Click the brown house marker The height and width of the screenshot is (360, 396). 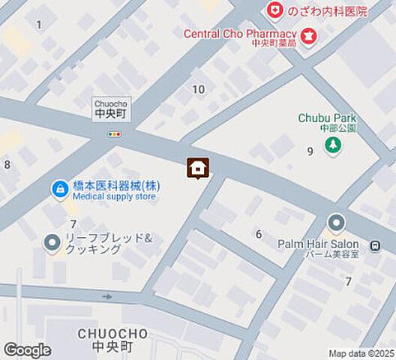[198, 167]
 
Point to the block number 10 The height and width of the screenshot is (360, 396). [198, 89]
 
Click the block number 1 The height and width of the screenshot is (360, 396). [39, 25]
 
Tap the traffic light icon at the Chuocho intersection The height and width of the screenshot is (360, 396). [114, 134]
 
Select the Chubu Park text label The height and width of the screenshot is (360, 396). [327, 118]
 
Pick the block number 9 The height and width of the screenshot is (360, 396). [309, 151]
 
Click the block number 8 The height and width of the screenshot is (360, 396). [7, 165]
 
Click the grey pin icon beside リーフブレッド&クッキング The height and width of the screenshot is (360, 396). [52, 243]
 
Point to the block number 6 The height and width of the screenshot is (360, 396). [259, 234]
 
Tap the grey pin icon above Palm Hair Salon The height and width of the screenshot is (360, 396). [335, 223]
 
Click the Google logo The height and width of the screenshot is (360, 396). [27, 350]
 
